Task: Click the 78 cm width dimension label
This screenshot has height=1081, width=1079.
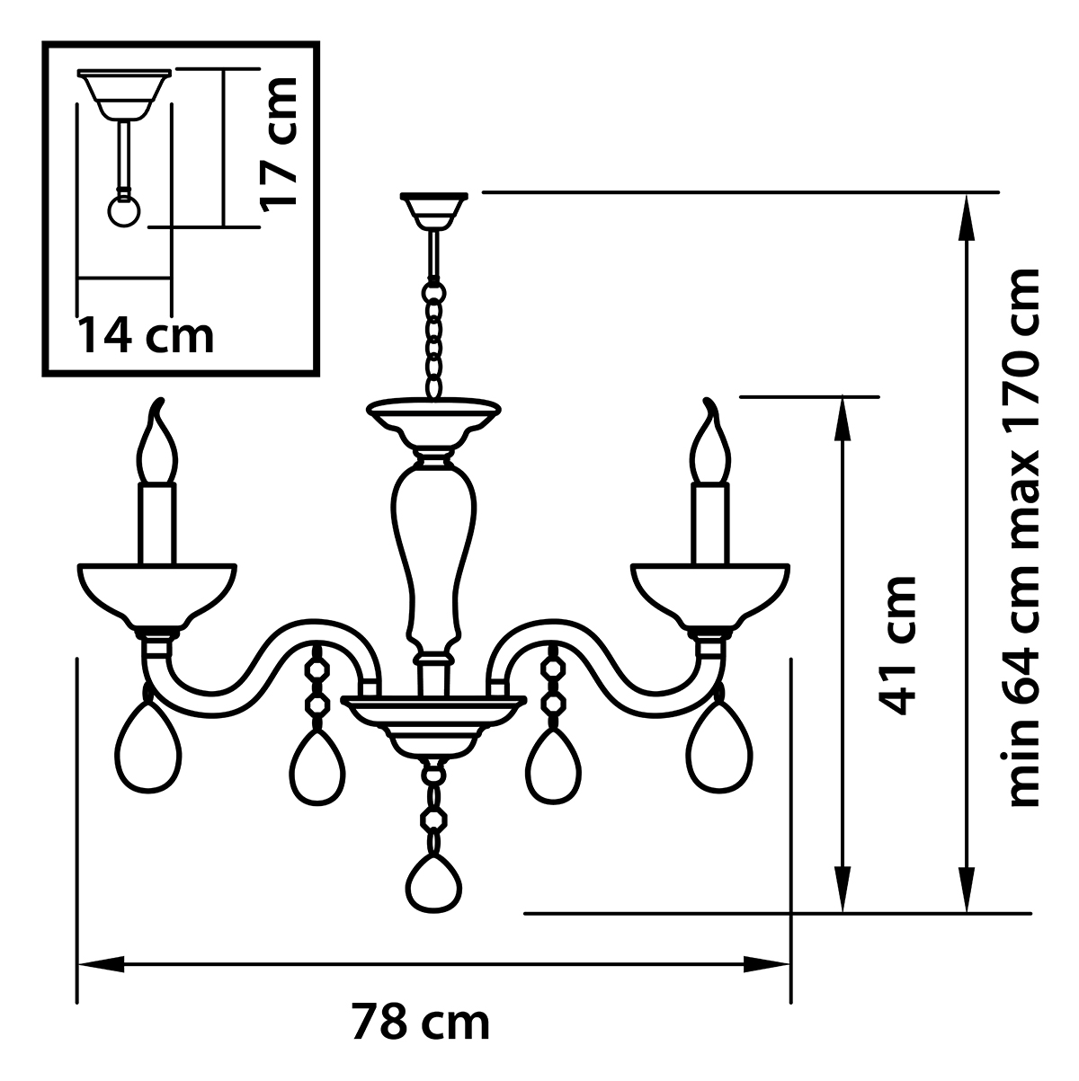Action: click(421, 1022)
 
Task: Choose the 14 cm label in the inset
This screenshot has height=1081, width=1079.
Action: click(146, 335)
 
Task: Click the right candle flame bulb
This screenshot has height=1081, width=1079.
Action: click(711, 447)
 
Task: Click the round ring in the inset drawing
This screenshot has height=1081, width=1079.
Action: click(125, 211)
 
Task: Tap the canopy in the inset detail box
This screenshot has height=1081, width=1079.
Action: click(124, 91)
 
